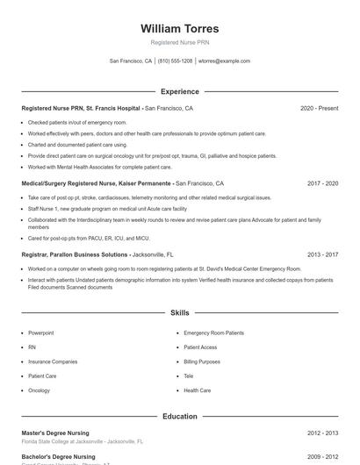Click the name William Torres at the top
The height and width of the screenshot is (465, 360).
click(x=180, y=29)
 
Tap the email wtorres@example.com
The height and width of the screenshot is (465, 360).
click(x=224, y=61)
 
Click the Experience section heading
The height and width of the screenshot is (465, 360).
click(x=180, y=91)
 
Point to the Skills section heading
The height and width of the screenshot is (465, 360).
click(x=180, y=312)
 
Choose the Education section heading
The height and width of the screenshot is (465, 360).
click(x=180, y=416)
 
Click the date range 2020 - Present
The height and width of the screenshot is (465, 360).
click(x=319, y=108)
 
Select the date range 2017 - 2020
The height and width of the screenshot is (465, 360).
click(x=322, y=183)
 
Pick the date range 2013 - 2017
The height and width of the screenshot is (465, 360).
click(x=322, y=254)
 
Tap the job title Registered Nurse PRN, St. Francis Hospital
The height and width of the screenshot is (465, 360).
click(x=81, y=108)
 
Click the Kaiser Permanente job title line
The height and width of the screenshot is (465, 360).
click(x=97, y=183)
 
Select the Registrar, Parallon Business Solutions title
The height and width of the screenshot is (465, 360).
click(x=75, y=254)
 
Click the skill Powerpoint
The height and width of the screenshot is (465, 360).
click(x=40, y=333)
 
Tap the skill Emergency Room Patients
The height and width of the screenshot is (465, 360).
click(x=213, y=333)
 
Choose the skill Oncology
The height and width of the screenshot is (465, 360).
click(x=39, y=390)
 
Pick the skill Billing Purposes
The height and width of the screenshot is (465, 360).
click(x=202, y=361)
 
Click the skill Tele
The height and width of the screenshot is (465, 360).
click(x=189, y=376)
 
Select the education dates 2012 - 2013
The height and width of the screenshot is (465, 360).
click(x=322, y=433)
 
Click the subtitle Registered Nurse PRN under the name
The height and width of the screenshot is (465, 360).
click(x=180, y=42)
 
